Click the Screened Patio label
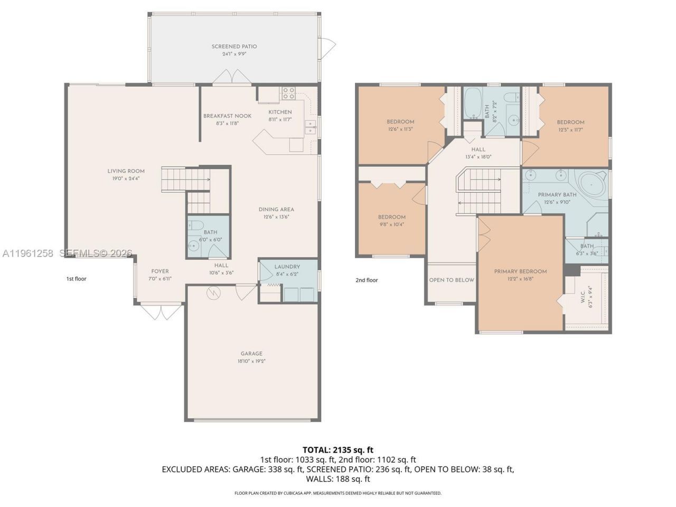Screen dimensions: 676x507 (234, 46)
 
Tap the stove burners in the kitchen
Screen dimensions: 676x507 (288, 93)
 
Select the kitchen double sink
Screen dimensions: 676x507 (310, 127)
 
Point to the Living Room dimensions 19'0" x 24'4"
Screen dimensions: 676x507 (126, 178)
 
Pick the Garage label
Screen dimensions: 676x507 (251, 354)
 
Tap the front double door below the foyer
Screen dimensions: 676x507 (162, 311)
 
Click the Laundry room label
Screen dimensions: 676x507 (287, 267)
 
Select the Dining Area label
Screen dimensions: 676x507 (276, 209)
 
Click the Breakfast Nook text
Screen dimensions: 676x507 (227, 116)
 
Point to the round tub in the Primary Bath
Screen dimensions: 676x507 (591, 184)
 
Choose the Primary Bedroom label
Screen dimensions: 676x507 (520, 271)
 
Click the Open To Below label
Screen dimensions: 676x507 (452, 280)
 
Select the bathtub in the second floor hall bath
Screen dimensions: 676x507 (473, 104)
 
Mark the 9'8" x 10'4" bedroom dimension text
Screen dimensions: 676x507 (392, 224)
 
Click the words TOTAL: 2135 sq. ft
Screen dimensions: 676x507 (338, 450)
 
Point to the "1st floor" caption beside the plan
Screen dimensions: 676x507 (77, 279)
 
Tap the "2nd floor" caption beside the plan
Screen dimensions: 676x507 (367, 280)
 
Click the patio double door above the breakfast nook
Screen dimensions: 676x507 (232, 77)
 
